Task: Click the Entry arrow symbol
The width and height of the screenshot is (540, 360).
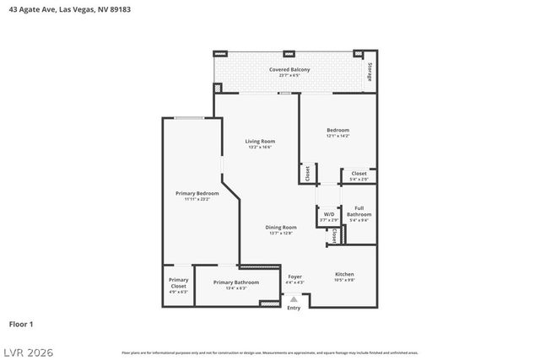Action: click(294, 298)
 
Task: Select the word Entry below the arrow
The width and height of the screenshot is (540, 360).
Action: click(294, 308)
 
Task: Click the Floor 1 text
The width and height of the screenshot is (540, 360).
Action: click(21, 323)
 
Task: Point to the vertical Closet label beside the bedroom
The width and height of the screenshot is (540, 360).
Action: click(307, 173)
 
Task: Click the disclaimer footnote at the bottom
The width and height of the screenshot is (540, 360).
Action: click(270, 352)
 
